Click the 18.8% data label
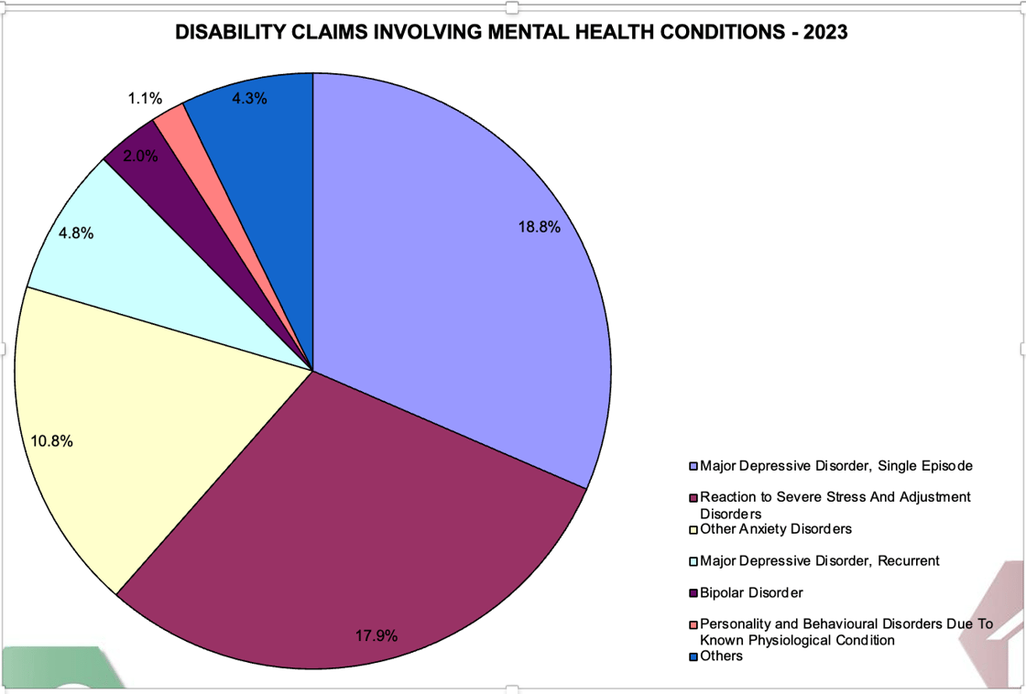coord(539,228)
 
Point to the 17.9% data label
coord(377,634)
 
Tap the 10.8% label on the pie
coord(52,440)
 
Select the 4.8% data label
coord(76,233)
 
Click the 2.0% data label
coord(140,156)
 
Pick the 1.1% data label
coord(145,98)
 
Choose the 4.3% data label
coord(249,98)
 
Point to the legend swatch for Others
coord(693,656)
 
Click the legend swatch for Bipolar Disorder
coord(693,592)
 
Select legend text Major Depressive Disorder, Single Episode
coord(835,466)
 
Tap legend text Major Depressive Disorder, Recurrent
coord(819,560)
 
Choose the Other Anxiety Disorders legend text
coord(776,529)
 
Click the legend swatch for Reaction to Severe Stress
coord(693,497)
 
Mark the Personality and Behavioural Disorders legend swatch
coord(693,624)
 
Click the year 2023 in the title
coord(827,33)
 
